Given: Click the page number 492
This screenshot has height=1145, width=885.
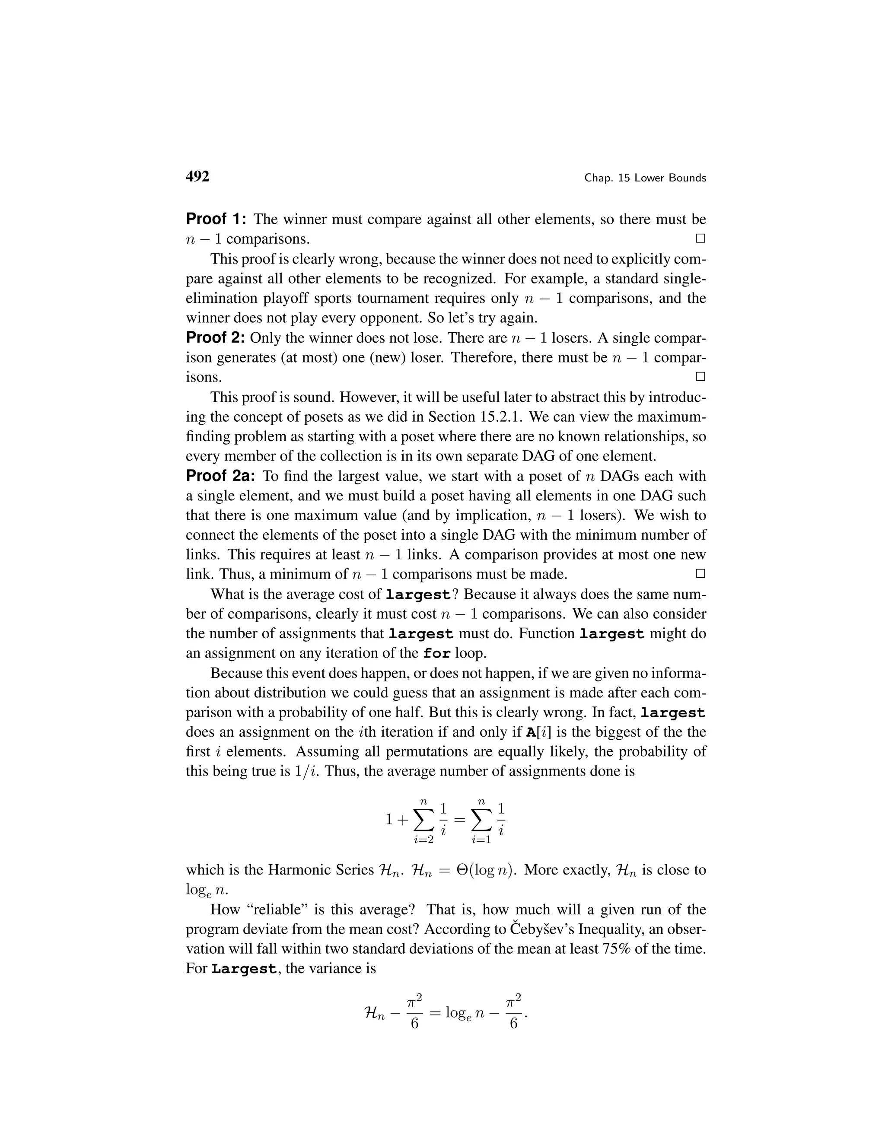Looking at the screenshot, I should (197, 177).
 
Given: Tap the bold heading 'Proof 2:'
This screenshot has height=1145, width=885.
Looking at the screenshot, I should (216, 337).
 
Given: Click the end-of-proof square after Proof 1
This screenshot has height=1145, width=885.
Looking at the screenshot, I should (700, 239).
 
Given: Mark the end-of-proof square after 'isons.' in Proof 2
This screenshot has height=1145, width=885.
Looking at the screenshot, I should (700, 377).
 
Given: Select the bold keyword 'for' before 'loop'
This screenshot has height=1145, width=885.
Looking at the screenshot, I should (437, 654).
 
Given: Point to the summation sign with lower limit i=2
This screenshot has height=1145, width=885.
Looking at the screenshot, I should (423, 821).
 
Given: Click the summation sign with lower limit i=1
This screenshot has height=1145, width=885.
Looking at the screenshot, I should (481, 821).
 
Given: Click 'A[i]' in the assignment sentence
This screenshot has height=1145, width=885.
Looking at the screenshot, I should (538, 732).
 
